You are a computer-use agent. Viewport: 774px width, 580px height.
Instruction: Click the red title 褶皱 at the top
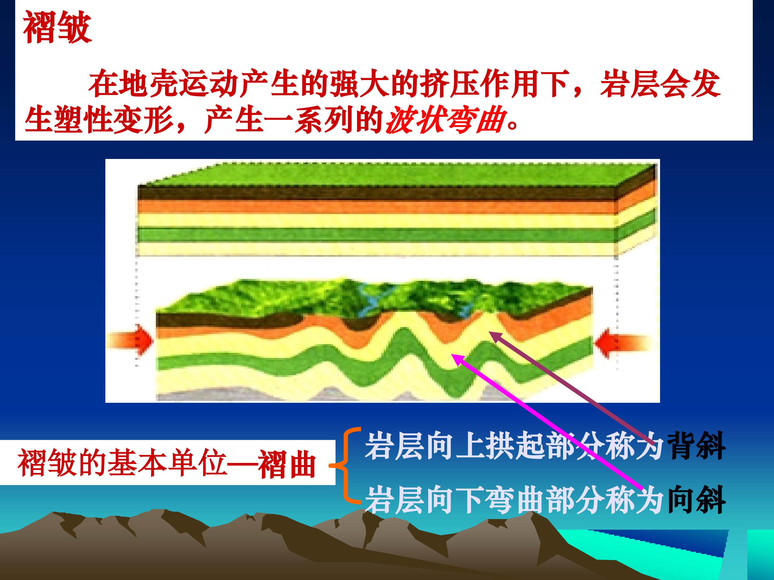pyautogui.click(x=58, y=28)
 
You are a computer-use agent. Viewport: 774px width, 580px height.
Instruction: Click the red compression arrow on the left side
pyautogui.click(x=130, y=340)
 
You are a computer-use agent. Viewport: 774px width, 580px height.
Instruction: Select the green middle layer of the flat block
pyautogui.click(x=376, y=234)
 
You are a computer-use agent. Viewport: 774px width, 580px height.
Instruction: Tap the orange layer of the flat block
pyautogui.click(x=376, y=207)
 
